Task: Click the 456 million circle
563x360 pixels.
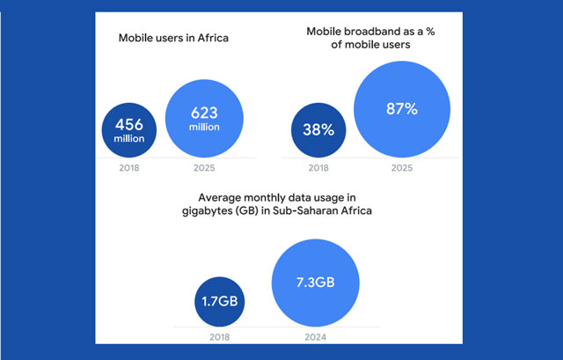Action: (x=130, y=129)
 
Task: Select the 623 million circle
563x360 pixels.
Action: (x=204, y=120)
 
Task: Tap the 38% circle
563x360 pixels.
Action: (x=318, y=129)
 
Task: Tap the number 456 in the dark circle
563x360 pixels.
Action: (x=130, y=123)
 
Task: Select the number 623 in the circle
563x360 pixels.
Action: (x=204, y=113)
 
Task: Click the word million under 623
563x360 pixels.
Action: (x=204, y=129)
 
